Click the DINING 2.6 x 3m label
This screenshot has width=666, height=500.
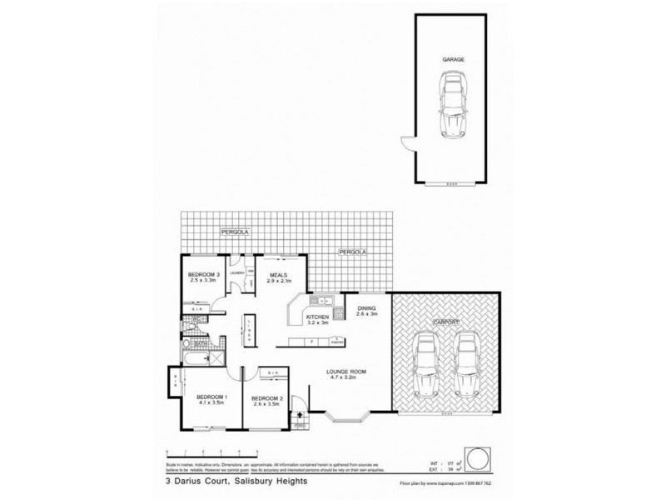(367, 312)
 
